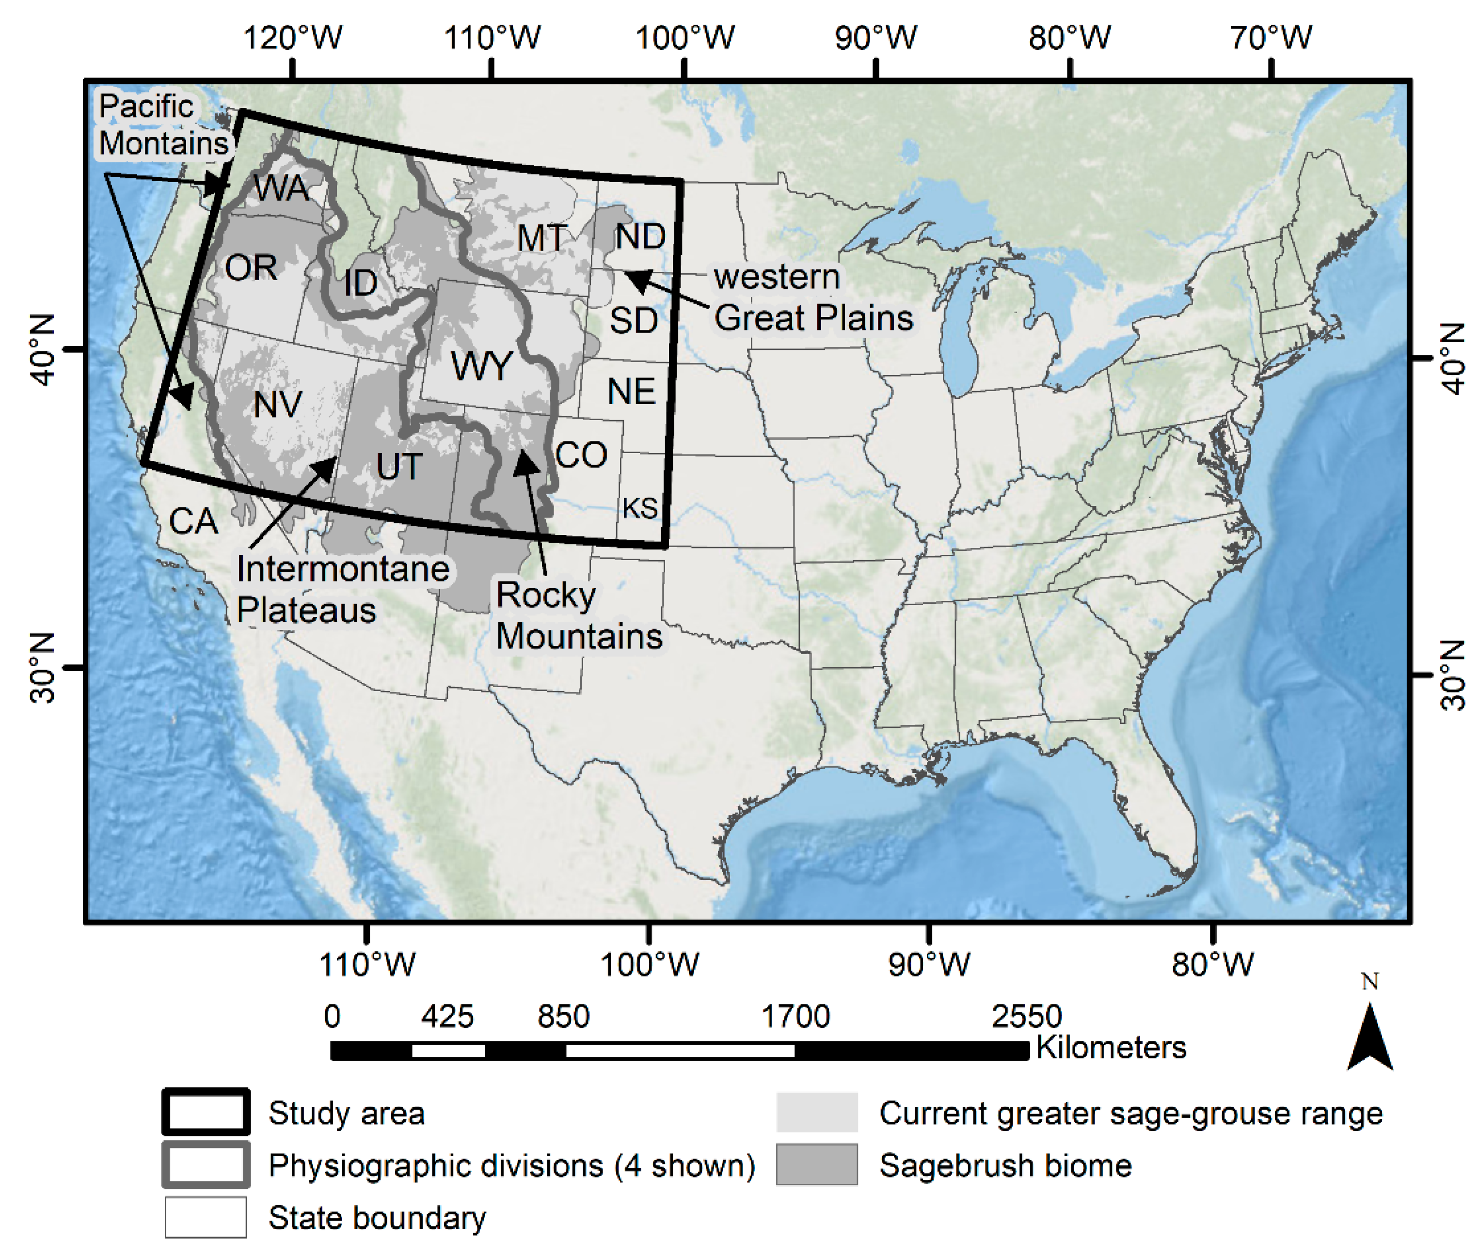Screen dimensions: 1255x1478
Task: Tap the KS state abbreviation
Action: [640, 508]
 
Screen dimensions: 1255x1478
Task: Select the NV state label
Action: [278, 405]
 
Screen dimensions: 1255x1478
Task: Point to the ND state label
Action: [640, 236]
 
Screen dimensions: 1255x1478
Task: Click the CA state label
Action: [193, 521]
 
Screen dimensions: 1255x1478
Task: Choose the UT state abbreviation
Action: [399, 467]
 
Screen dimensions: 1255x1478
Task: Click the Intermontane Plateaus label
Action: [342, 589]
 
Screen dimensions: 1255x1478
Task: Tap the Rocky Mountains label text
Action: [578, 615]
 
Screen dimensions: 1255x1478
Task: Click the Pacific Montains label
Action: [163, 125]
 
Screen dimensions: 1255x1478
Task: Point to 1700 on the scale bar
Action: [795, 1017]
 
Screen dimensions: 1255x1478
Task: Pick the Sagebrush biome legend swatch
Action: [816, 1165]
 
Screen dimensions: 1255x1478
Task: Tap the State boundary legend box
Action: [206, 1217]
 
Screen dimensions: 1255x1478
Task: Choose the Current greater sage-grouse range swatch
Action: [816, 1113]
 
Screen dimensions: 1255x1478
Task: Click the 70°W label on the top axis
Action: [1271, 37]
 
